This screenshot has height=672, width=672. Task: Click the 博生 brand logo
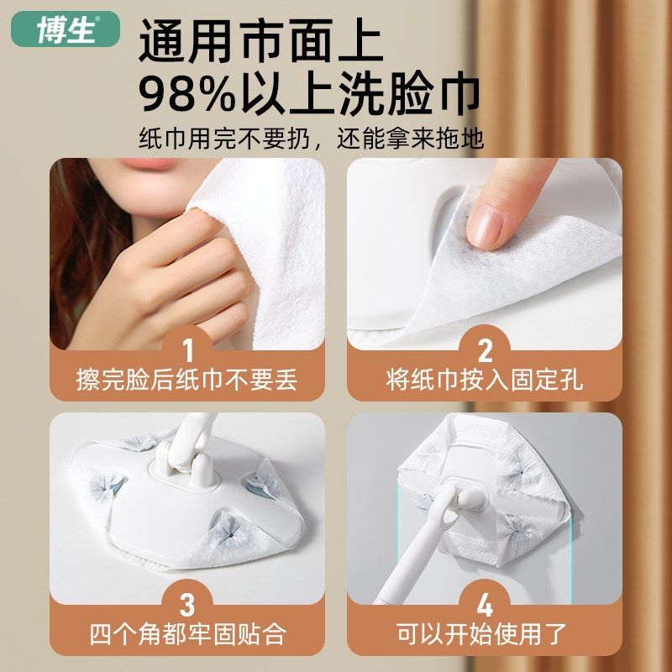[x=66, y=30]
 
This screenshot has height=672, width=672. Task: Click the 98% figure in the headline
[x=188, y=95]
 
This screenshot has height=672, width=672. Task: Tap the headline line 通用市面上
[x=260, y=40]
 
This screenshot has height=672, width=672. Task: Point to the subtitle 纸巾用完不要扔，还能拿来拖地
[x=311, y=138]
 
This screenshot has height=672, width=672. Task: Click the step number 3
[x=187, y=603]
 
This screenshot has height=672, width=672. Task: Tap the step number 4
[x=485, y=603]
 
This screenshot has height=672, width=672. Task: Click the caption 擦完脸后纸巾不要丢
[x=187, y=379]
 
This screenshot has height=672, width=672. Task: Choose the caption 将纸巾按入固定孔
[x=485, y=379]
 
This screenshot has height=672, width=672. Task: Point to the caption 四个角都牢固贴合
[x=187, y=633]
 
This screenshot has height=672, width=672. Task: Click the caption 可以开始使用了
[x=485, y=633]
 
